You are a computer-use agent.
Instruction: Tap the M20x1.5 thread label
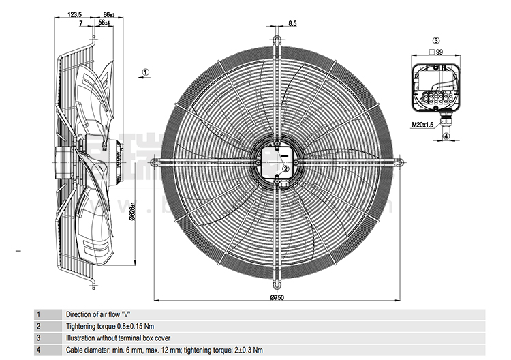422,125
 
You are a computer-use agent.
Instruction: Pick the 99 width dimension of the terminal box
439,52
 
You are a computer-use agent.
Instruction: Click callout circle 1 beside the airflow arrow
146,72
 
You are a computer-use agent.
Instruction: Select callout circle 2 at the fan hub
286,149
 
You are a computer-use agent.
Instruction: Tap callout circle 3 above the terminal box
436,41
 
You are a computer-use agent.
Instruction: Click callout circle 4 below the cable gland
446,136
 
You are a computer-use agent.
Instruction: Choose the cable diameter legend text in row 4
164,350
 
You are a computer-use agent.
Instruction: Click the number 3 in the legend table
39,338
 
